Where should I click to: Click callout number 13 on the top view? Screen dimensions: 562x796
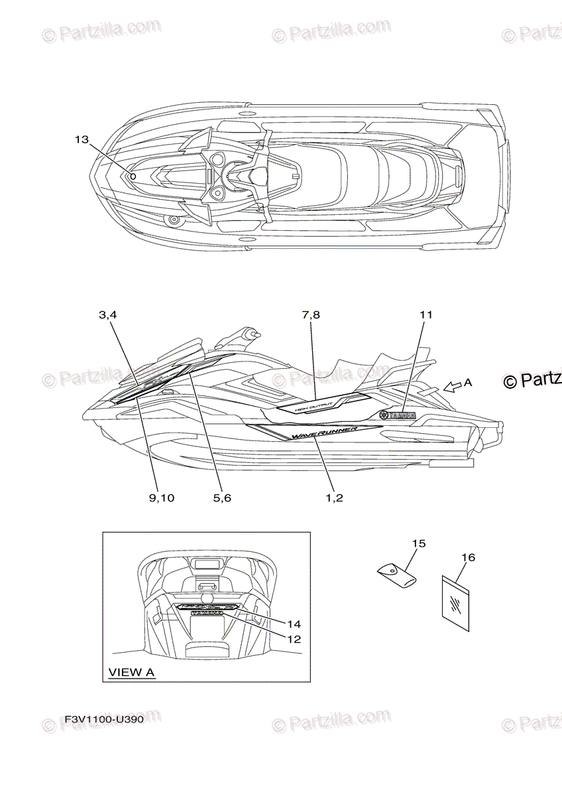(x=82, y=139)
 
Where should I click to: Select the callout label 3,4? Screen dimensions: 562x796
(x=108, y=316)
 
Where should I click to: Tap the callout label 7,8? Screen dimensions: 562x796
(x=311, y=316)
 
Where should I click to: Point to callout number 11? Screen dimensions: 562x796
(x=425, y=315)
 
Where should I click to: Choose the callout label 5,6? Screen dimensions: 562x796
(x=222, y=497)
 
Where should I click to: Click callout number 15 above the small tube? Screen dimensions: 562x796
(x=418, y=544)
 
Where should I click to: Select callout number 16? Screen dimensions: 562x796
(x=468, y=558)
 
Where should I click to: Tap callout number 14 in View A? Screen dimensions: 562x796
(x=294, y=624)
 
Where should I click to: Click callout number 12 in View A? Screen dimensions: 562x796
(x=294, y=639)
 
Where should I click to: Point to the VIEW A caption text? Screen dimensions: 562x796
(x=131, y=673)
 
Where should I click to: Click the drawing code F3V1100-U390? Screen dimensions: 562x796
(x=104, y=719)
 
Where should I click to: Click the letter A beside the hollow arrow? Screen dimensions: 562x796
(x=468, y=382)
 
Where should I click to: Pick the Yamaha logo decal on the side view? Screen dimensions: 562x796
(x=397, y=416)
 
